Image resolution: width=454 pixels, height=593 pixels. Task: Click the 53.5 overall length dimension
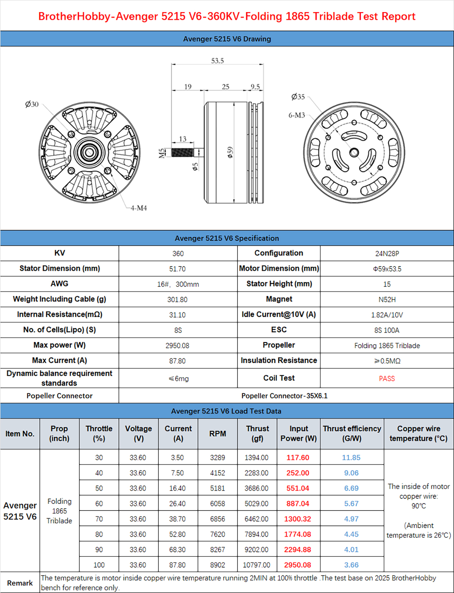(x=218, y=60)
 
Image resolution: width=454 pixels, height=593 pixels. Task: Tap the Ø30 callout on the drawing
(x=32, y=104)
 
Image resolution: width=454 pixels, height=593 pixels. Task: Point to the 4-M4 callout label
(x=138, y=208)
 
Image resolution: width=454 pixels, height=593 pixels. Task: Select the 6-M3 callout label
(x=297, y=115)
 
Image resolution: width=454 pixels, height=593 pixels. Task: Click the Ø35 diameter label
(x=298, y=97)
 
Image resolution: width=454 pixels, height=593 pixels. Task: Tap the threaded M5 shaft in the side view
(x=182, y=152)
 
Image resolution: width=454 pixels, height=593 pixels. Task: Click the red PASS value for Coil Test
(x=387, y=378)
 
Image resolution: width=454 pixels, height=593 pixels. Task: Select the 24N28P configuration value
(x=387, y=254)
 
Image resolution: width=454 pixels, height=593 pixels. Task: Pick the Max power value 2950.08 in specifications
(x=177, y=345)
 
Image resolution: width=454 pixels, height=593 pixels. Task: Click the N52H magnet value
(x=387, y=299)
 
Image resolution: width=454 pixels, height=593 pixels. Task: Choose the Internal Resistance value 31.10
(x=177, y=315)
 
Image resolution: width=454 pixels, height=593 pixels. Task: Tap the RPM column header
(x=218, y=434)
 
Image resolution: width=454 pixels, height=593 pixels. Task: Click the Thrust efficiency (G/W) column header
(x=352, y=434)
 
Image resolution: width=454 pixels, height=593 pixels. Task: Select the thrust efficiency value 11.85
(x=351, y=457)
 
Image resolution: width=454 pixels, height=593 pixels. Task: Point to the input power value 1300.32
(x=298, y=519)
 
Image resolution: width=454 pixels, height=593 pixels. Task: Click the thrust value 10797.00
(x=257, y=565)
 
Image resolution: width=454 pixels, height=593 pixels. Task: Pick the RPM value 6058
(x=218, y=503)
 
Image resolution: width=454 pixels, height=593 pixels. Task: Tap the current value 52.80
(x=177, y=534)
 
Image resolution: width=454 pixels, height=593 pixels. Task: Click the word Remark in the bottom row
(x=20, y=583)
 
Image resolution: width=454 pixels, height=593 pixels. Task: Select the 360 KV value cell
(x=178, y=254)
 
